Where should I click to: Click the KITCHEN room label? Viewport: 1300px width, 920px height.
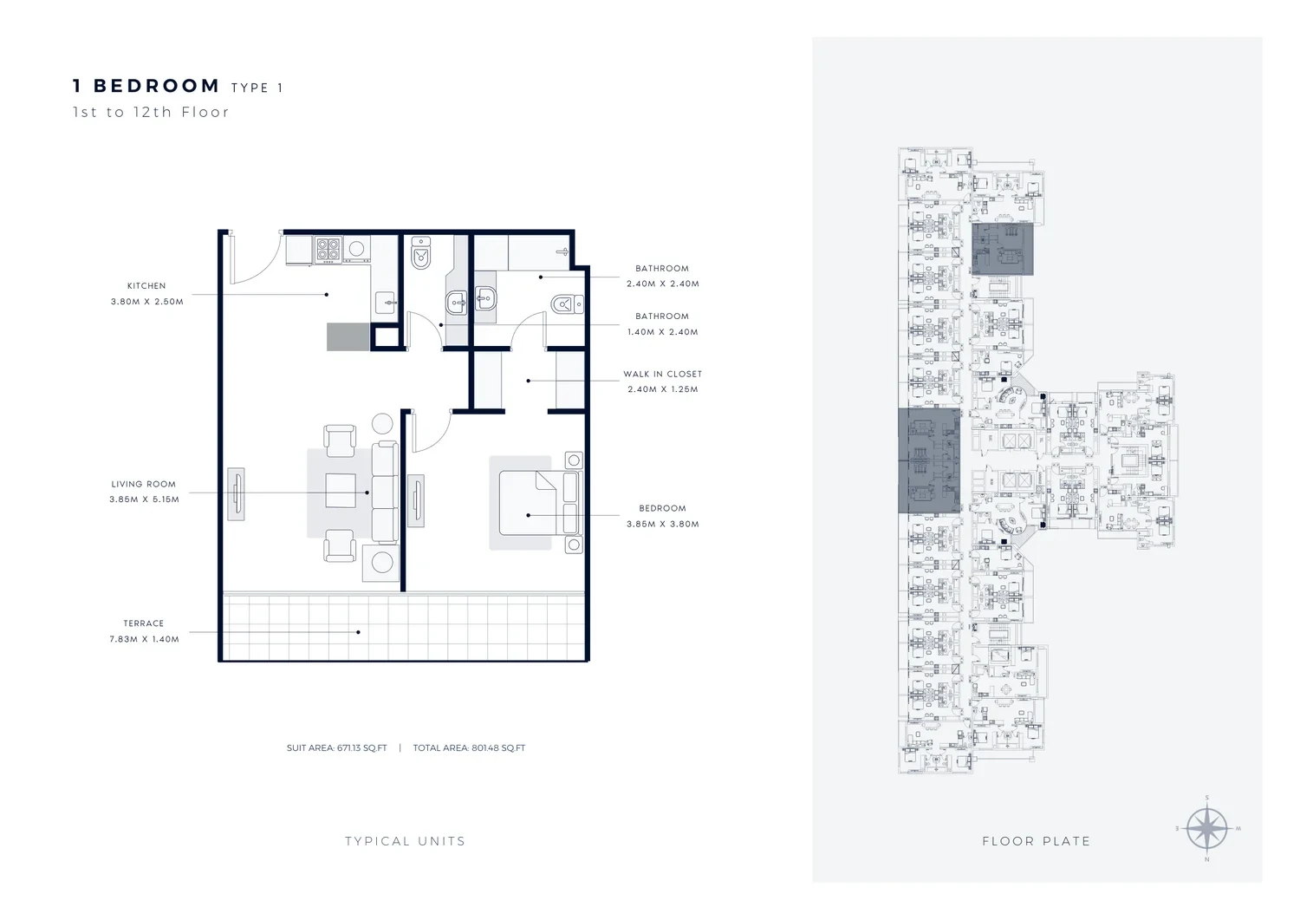pos(146,286)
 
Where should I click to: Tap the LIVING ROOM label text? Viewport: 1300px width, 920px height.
pos(143,484)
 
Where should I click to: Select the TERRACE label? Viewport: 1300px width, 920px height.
pos(143,623)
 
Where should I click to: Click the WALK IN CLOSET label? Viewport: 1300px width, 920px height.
pos(663,374)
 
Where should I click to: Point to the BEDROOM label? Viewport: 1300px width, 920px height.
pos(662,508)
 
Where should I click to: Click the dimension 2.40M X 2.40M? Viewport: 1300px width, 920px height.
pos(663,284)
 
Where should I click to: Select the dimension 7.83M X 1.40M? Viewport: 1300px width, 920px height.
pos(144,639)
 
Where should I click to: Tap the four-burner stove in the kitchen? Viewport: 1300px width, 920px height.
pos(328,249)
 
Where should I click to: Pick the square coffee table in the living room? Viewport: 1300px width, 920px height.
pos(341,491)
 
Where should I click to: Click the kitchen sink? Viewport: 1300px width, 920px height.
pos(386,303)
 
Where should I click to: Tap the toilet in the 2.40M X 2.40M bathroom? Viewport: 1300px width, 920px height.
pos(567,304)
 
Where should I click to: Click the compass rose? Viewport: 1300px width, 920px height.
pos(1207,828)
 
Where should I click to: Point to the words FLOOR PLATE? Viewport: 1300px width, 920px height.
pos(1037,841)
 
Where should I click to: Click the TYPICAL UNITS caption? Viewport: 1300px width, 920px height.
pos(405,841)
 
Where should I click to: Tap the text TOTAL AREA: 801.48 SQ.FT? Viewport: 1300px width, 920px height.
pos(469,748)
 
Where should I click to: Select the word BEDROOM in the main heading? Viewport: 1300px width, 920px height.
pos(157,86)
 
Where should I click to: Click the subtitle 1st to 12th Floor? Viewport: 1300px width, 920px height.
pos(151,112)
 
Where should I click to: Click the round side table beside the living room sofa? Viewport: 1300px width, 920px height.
pos(382,423)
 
